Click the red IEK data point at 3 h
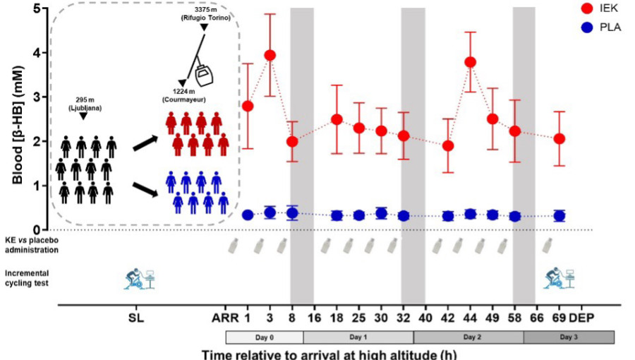[270, 55]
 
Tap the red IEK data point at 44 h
[470, 62]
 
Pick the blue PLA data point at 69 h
[559, 216]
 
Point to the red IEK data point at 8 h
[292, 141]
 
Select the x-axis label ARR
[220, 317]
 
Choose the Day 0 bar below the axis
[264, 337]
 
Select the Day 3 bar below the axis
[569, 337]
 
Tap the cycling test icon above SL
[139, 277]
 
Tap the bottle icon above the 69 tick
[548, 245]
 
